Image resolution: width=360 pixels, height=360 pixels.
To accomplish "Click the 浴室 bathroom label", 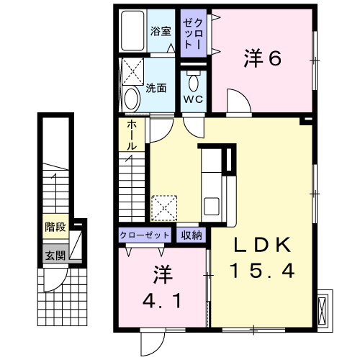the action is click(x=161, y=31).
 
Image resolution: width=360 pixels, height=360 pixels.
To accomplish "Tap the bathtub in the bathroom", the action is click(x=132, y=30).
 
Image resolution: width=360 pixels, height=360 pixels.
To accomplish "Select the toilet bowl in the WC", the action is click(x=194, y=81).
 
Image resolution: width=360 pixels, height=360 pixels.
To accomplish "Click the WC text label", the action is click(x=193, y=99).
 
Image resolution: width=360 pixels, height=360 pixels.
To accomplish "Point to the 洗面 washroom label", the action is click(x=156, y=89).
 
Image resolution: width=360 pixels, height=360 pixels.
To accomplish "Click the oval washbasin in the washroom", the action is click(x=132, y=99).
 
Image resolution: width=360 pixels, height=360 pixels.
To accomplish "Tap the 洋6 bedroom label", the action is click(x=262, y=58).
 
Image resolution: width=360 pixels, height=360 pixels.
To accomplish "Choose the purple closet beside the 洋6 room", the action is click(x=194, y=33).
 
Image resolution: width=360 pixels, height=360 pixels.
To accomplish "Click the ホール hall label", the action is click(x=132, y=135).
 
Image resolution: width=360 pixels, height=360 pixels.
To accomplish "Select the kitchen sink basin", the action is click(x=211, y=206).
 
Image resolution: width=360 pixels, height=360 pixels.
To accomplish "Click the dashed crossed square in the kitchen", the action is click(x=164, y=208).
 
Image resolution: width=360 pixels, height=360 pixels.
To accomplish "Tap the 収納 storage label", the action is click(x=192, y=235).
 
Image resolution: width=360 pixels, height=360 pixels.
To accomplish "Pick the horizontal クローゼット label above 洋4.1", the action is click(x=145, y=235).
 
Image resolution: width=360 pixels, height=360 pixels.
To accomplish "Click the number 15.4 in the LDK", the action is click(x=262, y=271).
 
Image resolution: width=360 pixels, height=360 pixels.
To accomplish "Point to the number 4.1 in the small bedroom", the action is click(x=162, y=301).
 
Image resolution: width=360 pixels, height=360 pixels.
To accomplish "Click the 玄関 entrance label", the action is click(x=55, y=256).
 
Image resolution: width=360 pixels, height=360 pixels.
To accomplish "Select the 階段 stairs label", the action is click(x=55, y=227).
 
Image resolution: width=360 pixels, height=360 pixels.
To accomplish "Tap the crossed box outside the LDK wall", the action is click(x=323, y=310).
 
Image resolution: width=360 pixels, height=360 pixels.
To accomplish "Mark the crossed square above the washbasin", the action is click(x=133, y=71).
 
